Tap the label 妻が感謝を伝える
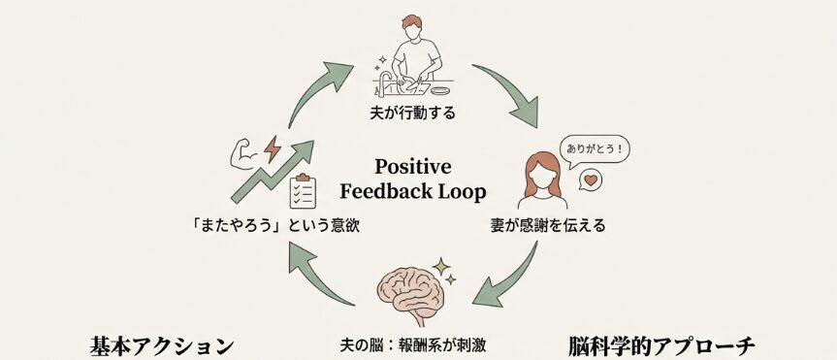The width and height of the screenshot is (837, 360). click(547, 227)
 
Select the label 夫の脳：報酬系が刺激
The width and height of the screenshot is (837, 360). click(415, 344)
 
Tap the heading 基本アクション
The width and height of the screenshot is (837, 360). click(162, 345)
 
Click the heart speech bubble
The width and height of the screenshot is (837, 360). click(591, 180)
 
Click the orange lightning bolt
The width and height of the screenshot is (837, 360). click(273, 148)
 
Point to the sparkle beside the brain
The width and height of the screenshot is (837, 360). click(442, 266)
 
